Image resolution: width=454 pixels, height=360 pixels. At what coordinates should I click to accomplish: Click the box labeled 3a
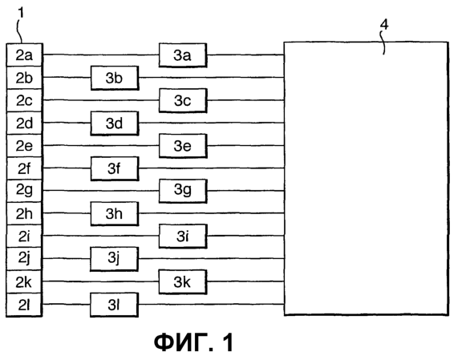tap(183, 55)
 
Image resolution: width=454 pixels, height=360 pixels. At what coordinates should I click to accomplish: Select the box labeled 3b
tap(115, 78)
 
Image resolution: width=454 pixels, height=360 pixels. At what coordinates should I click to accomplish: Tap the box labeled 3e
tap(183, 146)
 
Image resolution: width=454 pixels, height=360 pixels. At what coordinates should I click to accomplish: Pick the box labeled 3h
tap(115, 214)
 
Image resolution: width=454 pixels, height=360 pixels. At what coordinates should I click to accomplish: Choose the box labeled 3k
tap(183, 282)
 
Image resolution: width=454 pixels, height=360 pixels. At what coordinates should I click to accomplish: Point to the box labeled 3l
tap(114, 305)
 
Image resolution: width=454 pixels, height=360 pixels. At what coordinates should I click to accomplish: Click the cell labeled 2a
tap(24, 55)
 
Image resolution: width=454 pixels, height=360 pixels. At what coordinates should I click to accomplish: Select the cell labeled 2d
tap(24, 123)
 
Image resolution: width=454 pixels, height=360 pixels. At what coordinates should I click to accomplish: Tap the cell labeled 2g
tap(24, 191)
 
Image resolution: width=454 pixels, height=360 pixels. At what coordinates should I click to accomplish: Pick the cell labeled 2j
tap(24, 259)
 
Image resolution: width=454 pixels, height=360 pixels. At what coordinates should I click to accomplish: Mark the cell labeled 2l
tap(24, 305)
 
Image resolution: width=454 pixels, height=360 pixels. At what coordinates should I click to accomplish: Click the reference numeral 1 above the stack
tap(21, 13)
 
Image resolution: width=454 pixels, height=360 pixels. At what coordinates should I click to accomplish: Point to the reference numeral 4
tap(384, 24)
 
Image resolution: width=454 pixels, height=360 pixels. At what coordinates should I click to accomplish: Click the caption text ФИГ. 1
tap(193, 342)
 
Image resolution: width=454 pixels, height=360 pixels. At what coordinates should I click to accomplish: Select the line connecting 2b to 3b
tap(67, 78)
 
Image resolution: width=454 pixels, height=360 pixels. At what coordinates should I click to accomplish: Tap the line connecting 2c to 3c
tap(101, 100)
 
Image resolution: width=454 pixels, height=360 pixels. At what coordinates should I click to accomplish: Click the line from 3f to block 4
tap(211, 168)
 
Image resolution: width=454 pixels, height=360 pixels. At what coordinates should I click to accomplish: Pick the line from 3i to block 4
tap(245, 237)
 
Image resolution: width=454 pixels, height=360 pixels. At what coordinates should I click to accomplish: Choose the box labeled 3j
tap(114, 259)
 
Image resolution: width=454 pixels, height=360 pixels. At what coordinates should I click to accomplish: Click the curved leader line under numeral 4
tap(383, 42)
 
